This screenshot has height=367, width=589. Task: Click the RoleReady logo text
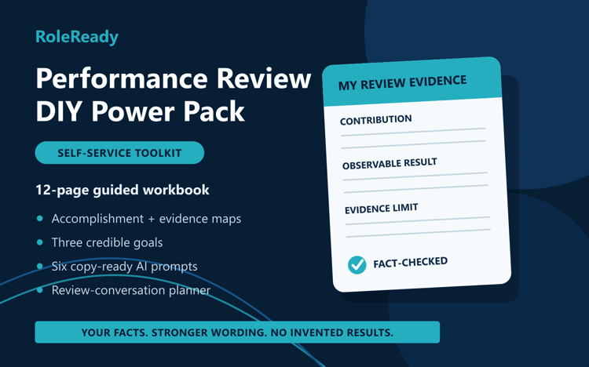[x=77, y=37]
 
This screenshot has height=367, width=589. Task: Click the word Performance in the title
[x=122, y=78]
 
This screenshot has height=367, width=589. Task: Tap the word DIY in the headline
[x=60, y=111]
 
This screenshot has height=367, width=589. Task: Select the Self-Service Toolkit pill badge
[x=119, y=153]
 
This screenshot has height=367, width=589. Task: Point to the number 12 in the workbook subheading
[x=43, y=190]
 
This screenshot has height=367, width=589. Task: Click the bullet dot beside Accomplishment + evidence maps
[x=40, y=219]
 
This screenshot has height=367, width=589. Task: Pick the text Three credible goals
[x=107, y=242]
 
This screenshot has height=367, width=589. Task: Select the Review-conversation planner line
[x=130, y=290]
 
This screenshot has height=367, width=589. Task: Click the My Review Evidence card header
[x=412, y=82]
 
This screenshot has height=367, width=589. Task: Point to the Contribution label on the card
[x=375, y=120]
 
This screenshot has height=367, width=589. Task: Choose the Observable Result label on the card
[x=390, y=164]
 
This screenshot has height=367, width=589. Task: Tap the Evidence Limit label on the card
[x=381, y=209]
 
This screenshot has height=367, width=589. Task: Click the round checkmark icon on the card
[x=357, y=265]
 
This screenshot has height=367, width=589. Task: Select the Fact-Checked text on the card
[x=410, y=262]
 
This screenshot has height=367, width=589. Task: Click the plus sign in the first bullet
[x=152, y=219]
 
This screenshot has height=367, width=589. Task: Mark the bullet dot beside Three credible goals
[x=40, y=242]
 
